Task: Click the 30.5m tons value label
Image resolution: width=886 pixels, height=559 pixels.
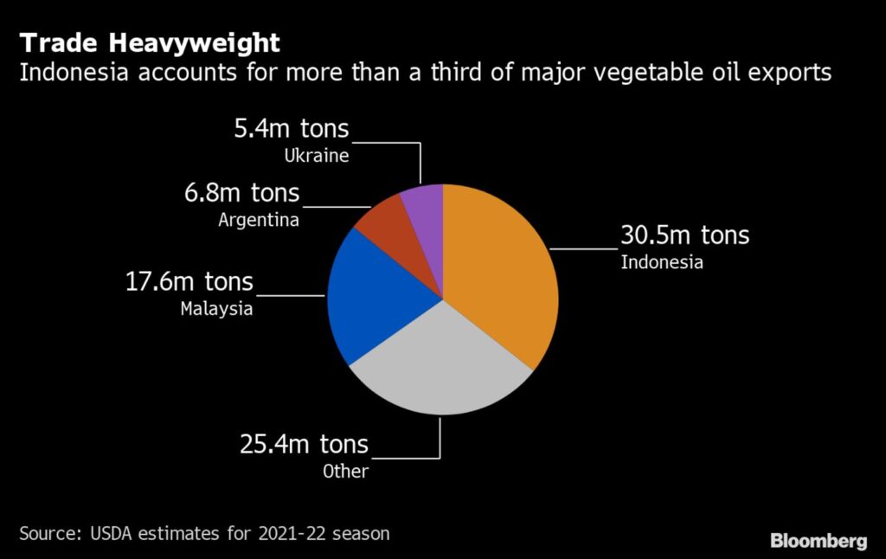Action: (684, 235)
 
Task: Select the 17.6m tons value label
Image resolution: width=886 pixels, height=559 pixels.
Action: (190, 281)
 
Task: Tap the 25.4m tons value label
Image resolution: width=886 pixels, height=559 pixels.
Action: (304, 445)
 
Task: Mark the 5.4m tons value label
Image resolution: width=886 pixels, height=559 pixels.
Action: (291, 129)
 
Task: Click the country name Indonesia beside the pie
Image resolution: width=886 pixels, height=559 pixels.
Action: (662, 262)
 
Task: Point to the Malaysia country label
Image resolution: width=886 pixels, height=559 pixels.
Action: (216, 308)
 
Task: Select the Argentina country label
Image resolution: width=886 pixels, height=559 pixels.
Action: (258, 220)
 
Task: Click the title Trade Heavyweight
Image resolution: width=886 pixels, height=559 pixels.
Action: (149, 42)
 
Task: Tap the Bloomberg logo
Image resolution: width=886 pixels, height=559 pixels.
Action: (818, 541)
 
